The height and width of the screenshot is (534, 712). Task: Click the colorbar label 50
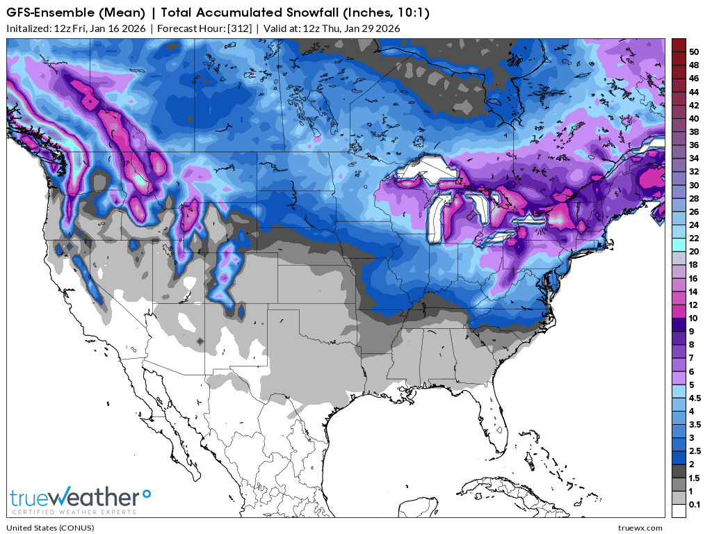694,51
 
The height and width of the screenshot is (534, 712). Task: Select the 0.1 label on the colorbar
694,504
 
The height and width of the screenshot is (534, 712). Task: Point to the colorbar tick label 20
693,251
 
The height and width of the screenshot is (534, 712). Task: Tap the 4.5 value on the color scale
695,398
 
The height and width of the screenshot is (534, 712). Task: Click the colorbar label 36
693,145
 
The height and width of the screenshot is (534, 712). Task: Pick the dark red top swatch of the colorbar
678,45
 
